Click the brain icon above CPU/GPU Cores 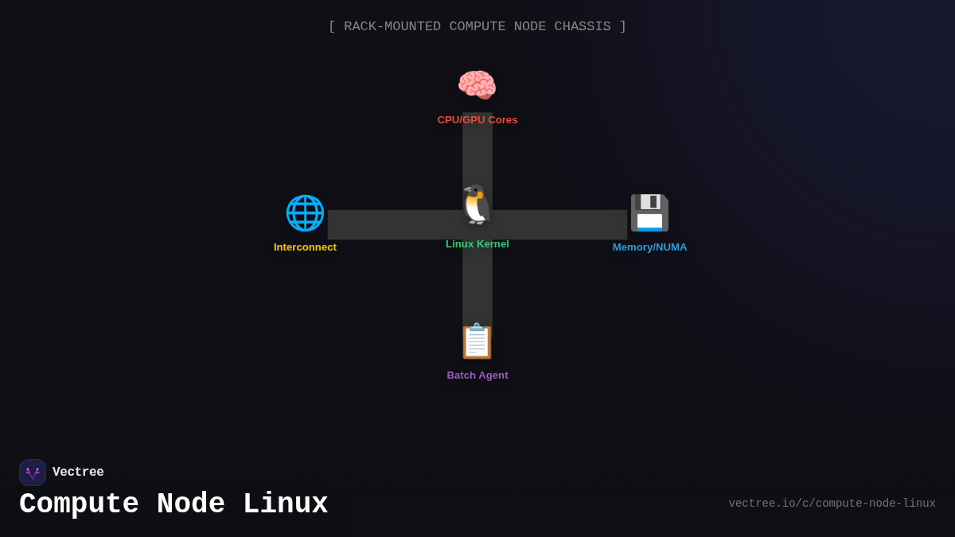click(477, 85)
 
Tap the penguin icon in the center click(477, 205)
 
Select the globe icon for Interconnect click(305, 212)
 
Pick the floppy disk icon click(649, 212)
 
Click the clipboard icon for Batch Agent click(477, 341)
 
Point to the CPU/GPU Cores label click(477, 120)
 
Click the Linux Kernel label click(477, 244)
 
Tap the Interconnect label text click(305, 247)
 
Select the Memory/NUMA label click(649, 247)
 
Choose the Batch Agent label click(477, 376)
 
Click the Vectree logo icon click(33, 473)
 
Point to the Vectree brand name click(78, 473)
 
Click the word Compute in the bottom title click(79, 504)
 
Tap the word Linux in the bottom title click(285, 504)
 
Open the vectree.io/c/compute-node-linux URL click(832, 504)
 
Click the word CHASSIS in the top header click(583, 27)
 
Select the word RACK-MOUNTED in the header click(392, 27)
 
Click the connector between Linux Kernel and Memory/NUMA click(561, 224)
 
